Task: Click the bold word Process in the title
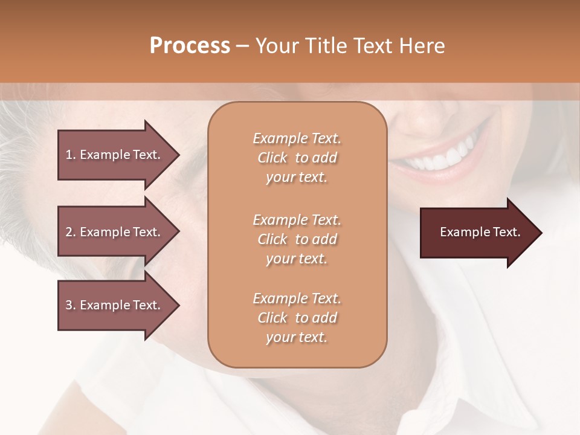click(190, 46)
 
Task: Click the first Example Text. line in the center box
click(297, 138)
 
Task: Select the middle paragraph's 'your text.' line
click(297, 259)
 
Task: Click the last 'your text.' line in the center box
click(297, 337)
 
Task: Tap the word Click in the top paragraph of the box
click(272, 158)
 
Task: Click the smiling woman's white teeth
click(444, 158)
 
